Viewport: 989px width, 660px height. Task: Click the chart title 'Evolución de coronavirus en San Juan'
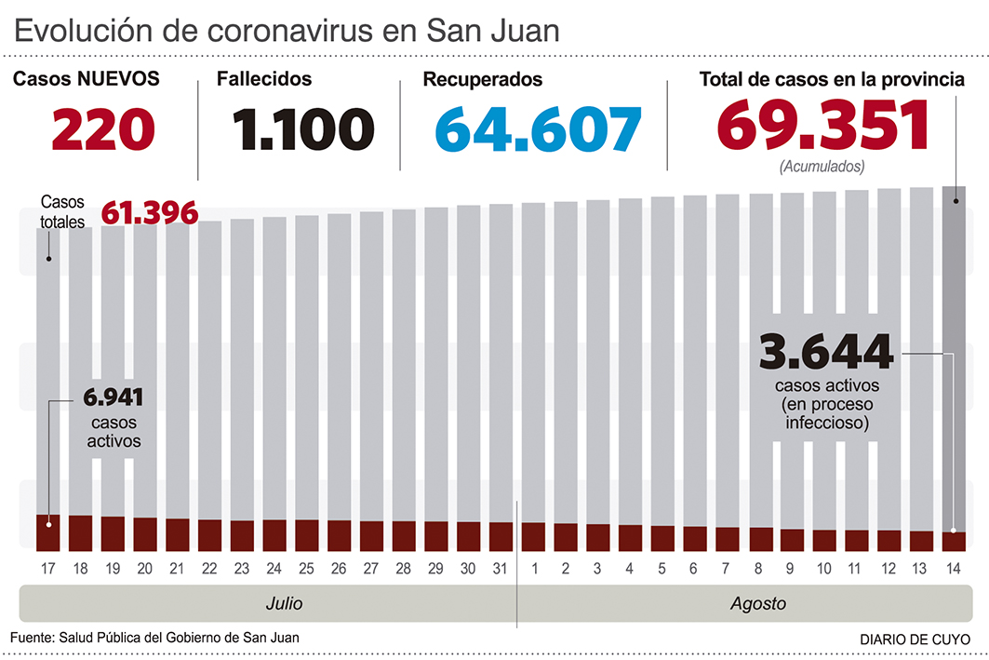pyautogui.click(x=287, y=30)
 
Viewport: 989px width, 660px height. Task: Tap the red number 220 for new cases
pyautogui.click(x=102, y=128)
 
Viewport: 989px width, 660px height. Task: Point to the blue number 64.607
pyautogui.click(x=538, y=128)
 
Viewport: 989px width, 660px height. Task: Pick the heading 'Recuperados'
pyautogui.click(x=482, y=80)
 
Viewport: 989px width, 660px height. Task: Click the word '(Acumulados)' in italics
pyautogui.click(x=822, y=167)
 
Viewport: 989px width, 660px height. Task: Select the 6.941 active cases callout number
pyautogui.click(x=113, y=398)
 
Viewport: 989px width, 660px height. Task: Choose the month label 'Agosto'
pyautogui.click(x=757, y=604)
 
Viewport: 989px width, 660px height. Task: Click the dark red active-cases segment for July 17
pyautogui.click(x=48, y=532)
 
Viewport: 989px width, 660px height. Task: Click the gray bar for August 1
pyautogui.click(x=533, y=363)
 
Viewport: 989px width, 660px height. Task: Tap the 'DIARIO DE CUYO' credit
pyautogui.click(x=912, y=640)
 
